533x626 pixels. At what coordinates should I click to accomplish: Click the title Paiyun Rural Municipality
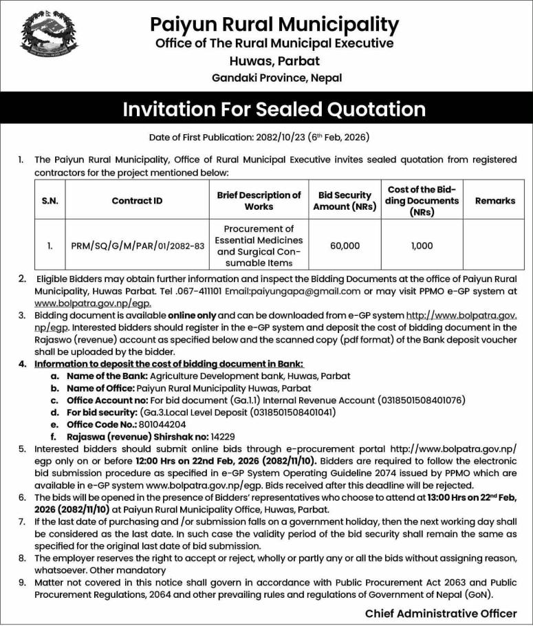coord(274,25)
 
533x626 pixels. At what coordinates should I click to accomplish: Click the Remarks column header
coord(494,201)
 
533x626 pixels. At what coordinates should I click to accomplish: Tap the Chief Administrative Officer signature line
coord(441,613)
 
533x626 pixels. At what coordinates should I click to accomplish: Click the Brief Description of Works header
coord(259,201)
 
